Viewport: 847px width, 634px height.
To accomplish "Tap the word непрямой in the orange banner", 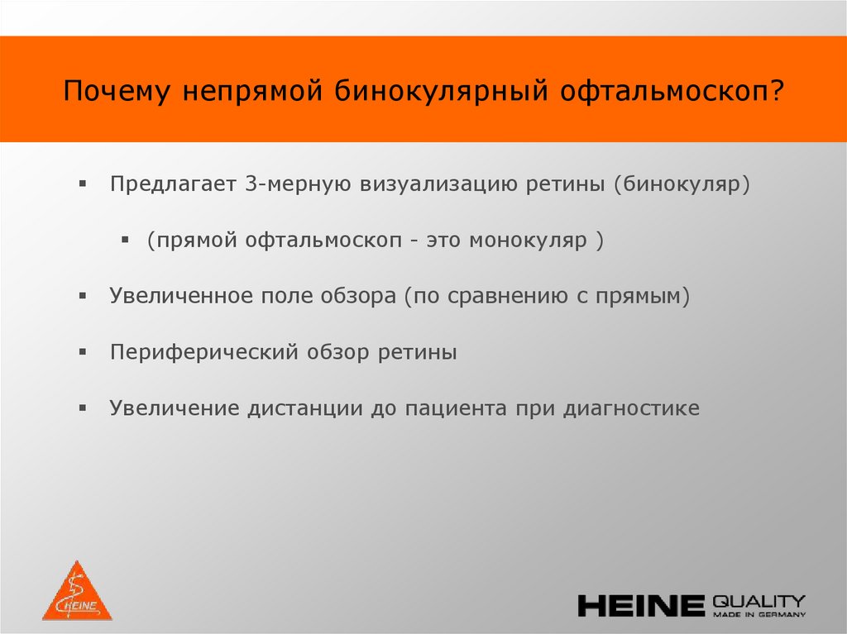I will pyautogui.click(x=252, y=91).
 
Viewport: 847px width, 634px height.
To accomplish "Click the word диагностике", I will pyautogui.click(x=631, y=408).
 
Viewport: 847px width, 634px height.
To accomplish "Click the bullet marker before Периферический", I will pyautogui.click(x=83, y=352).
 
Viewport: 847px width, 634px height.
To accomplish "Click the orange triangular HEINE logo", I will pyautogui.click(x=77, y=593).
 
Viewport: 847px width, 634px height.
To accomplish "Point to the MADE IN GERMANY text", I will pyautogui.click(x=758, y=615).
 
